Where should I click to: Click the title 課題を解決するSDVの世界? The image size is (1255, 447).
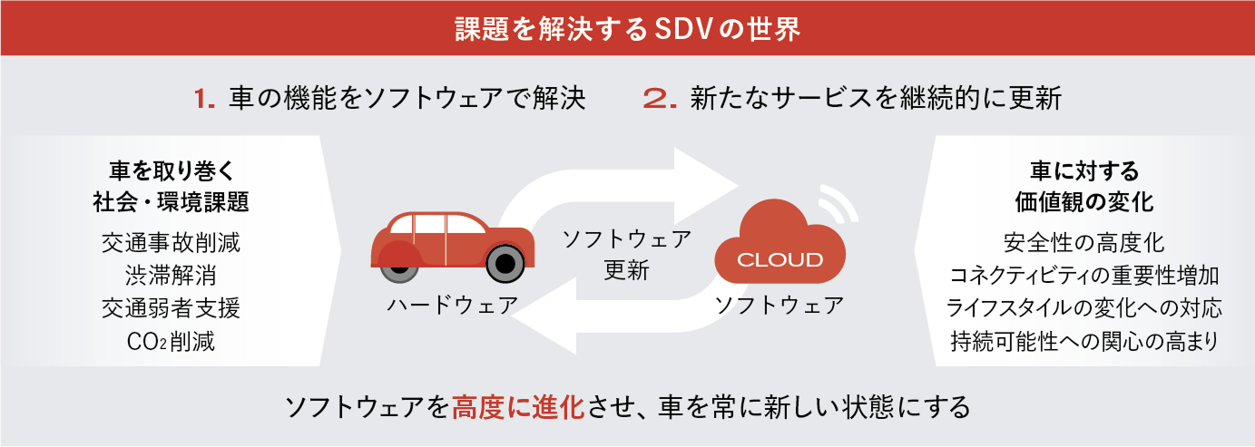(x=627, y=28)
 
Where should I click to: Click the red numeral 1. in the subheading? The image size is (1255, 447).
(x=203, y=98)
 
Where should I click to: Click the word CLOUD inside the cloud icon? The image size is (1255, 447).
(x=779, y=260)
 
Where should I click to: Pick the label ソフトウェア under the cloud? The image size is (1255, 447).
(x=779, y=305)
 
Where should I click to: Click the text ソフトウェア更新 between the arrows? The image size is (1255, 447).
(x=626, y=254)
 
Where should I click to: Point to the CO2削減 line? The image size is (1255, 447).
(x=172, y=342)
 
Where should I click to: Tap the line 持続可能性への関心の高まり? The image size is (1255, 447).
(x=1083, y=342)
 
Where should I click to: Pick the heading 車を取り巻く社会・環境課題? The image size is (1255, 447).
(x=172, y=185)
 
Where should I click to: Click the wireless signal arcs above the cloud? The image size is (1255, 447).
(x=841, y=203)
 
